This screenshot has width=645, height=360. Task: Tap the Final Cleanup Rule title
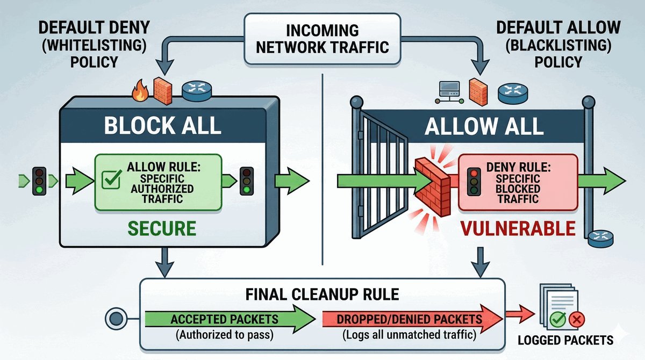coord(322,294)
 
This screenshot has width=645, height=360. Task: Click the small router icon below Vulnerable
coord(598,237)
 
